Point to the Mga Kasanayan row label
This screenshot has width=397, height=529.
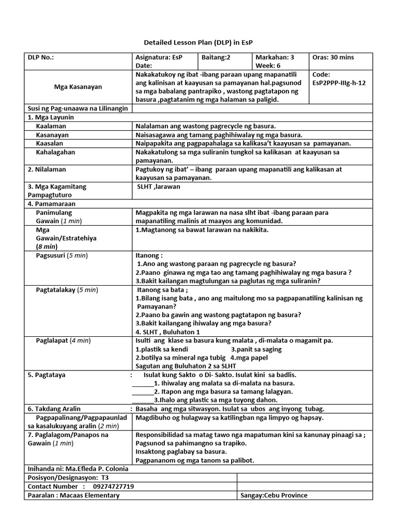(78, 87)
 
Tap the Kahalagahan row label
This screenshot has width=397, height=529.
(55, 152)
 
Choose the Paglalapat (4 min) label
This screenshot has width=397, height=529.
(63, 340)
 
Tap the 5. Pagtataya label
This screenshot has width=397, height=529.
(50, 374)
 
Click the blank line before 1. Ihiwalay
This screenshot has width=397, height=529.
(143, 383)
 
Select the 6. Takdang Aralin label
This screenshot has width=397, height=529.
(58, 408)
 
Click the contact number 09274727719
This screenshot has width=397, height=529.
(113, 487)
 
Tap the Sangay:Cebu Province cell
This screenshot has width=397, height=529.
(274, 495)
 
